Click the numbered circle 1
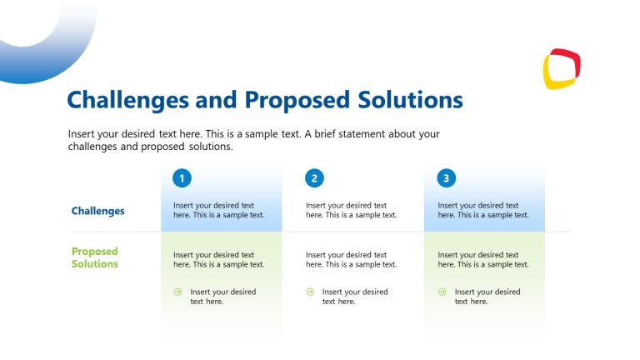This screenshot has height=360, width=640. (x=182, y=177)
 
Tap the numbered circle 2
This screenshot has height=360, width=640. (x=314, y=177)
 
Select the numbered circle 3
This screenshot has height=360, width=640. (x=447, y=177)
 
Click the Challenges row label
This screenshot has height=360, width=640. (x=97, y=211)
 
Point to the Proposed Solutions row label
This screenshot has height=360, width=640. (x=95, y=257)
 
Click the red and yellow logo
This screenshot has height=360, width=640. (x=562, y=68)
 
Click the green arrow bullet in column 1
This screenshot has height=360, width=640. (x=177, y=292)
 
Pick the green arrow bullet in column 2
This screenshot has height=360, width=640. (x=310, y=292)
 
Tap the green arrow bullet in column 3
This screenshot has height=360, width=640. (x=442, y=292)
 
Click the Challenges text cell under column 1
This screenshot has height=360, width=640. (x=218, y=210)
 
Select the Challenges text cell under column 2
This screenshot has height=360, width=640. (x=351, y=210)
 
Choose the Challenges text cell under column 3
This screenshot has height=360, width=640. (x=483, y=210)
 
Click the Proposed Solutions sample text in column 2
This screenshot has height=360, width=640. (x=351, y=259)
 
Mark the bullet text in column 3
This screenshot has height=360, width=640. (x=487, y=297)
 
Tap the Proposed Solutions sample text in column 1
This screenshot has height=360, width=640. (x=218, y=259)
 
